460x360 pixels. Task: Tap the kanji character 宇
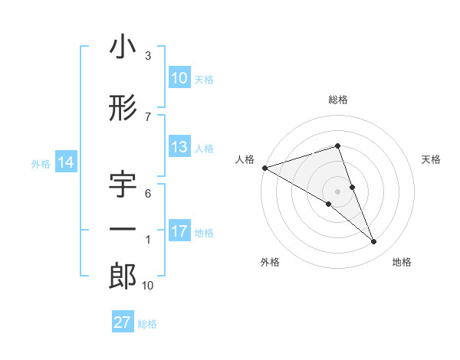(x=123, y=186)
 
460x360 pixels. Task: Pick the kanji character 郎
(x=123, y=276)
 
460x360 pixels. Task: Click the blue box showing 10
(x=179, y=78)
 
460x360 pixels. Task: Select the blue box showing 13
(x=179, y=148)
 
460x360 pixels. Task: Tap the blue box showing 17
(x=179, y=231)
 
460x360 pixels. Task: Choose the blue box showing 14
(x=66, y=162)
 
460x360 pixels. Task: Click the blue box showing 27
(x=123, y=322)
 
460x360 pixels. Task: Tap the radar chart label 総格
(x=338, y=100)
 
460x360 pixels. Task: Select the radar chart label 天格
(x=432, y=159)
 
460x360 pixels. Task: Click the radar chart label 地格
(x=402, y=262)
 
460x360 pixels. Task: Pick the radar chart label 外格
(x=270, y=262)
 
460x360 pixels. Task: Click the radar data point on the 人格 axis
(x=264, y=167)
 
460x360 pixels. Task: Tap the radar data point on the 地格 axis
(x=374, y=242)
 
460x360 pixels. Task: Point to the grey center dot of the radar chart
(x=337, y=191)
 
